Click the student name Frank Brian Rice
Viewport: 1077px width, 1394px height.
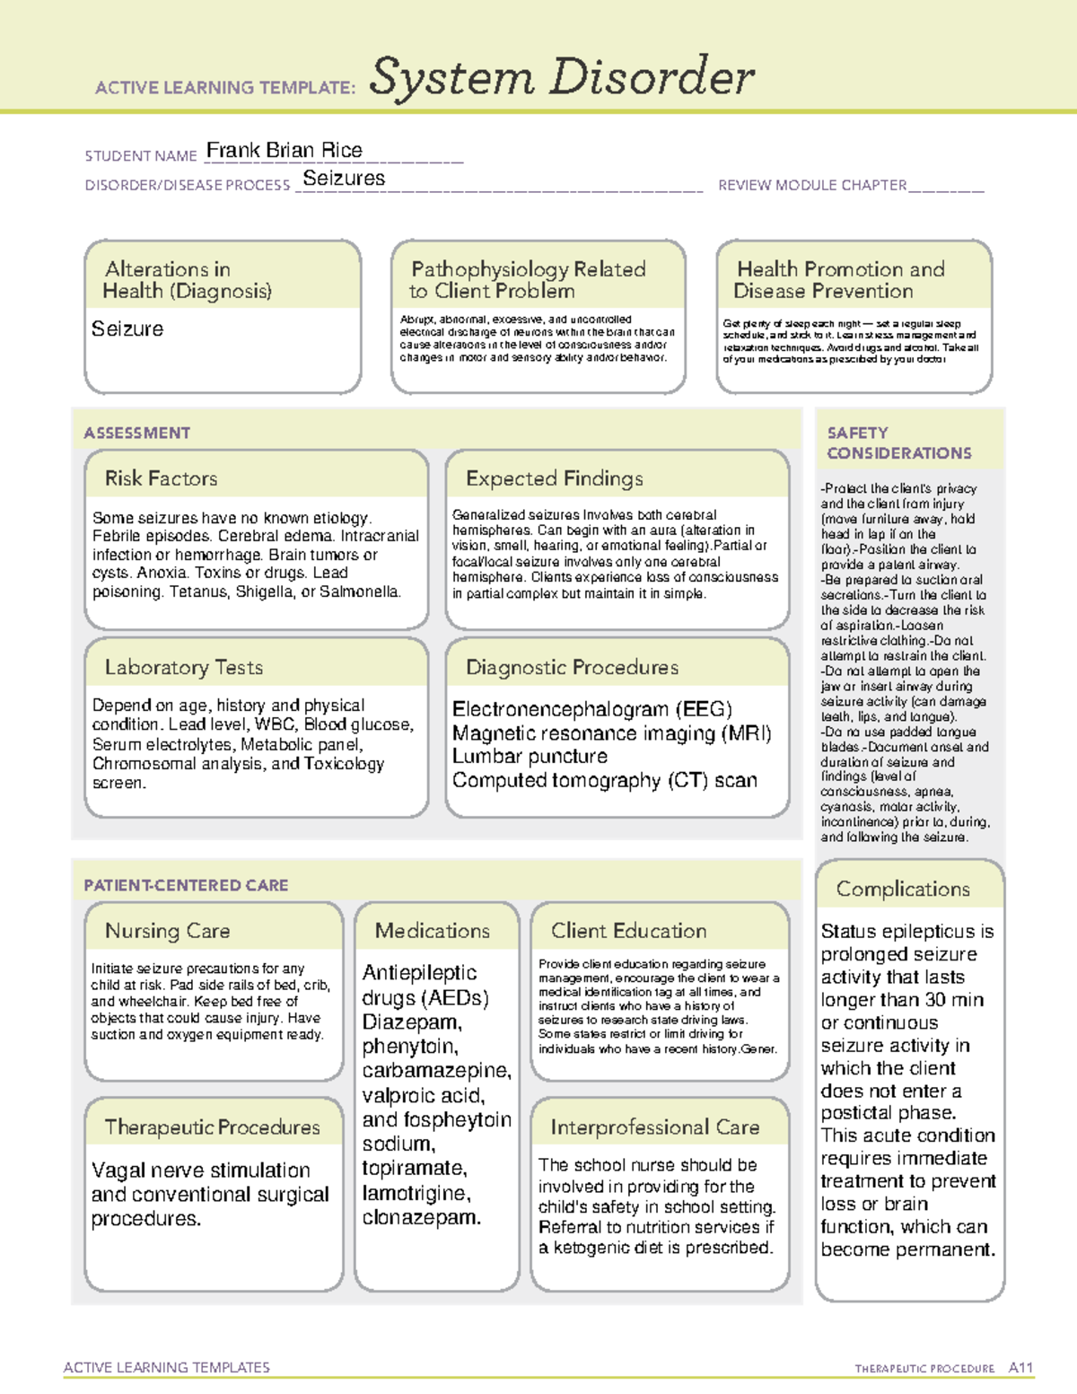pyautogui.click(x=284, y=151)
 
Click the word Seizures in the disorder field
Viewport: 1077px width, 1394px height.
pyautogui.click(x=344, y=179)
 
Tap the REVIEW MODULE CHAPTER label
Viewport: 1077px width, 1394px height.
pyautogui.click(x=812, y=186)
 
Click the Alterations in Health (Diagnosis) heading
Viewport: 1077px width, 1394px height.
pyautogui.click(x=188, y=280)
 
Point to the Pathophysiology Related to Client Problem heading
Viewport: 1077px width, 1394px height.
pyautogui.click(x=528, y=280)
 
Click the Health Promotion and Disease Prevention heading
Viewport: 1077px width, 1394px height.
pyautogui.click(x=840, y=280)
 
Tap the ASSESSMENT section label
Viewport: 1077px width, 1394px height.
pyautogui.click(x=137, y=433)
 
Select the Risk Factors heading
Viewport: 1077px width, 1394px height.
pyautogui.click(x=162, y=478)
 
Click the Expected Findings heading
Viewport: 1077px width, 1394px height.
pyautogui.click(x=554, y=478)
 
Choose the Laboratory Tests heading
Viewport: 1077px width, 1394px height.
pyautogui.click(x=184, y=668)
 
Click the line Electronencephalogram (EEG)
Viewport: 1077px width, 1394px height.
pyautogui.click(x=592, y=709)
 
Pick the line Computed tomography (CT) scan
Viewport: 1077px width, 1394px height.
pyautogui.click(x=604, y=781)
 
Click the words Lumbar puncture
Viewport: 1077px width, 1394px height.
pyautogui.click(x=530, y=757)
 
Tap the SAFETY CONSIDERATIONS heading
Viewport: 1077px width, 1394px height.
pyautogui.click(x=898, y=443)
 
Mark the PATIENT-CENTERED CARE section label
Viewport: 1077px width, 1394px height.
pyautogui.click(x=186, y=885)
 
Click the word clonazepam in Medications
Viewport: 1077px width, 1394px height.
pyautogui.click(x=421, y=1217)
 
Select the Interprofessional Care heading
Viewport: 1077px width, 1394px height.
pyautogui.click(x=655, y=1127)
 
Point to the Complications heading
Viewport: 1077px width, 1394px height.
pyautogui.click(x=903, y=889)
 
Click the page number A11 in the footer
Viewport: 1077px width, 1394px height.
pyautogui.click(x=1020, y=1368)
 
